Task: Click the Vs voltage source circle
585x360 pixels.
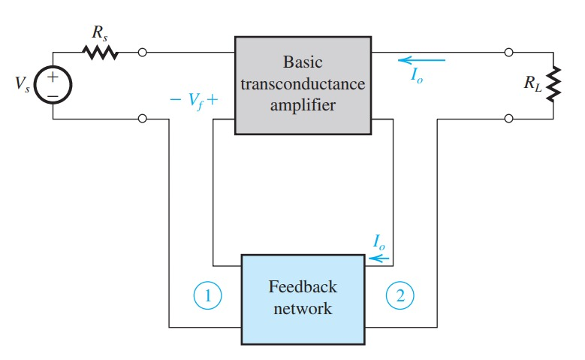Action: click(53, 86)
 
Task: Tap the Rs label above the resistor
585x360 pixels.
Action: click(99, 34)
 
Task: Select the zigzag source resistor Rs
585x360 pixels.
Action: click(99, 53)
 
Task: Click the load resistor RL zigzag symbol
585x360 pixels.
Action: click(553, 86)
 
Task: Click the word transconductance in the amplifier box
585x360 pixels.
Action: click(304, 84)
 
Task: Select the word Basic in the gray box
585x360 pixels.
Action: click(304, 62)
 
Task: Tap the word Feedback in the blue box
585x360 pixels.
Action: click(303, 286)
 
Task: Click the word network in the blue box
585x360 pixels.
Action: click(303, 308)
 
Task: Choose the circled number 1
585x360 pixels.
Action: click(209, 297)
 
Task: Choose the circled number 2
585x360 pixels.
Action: click(400, 297)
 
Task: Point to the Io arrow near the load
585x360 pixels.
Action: click(421, 60)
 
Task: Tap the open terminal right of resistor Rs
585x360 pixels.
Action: click(143, 53)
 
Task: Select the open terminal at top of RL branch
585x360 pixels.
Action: click(509, 53)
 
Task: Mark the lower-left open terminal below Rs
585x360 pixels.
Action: click(143, 118)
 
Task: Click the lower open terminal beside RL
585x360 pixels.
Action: click(509, 118)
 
